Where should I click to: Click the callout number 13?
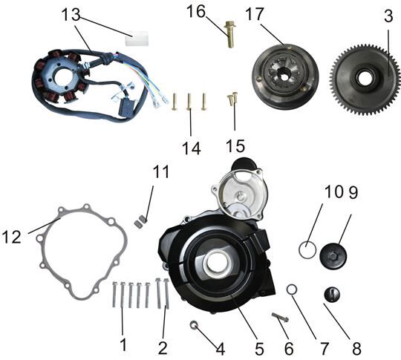71,14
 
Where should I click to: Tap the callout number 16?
196,12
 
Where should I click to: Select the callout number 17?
254,14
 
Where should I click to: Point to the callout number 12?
11,238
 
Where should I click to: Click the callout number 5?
259,349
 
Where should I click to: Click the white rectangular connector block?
137,39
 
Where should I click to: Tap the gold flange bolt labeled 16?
230,35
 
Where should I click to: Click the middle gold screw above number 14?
189,102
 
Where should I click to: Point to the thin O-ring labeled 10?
307,250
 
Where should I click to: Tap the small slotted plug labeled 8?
332,295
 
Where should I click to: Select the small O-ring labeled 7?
292,289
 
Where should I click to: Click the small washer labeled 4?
194,325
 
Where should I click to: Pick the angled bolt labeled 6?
280,317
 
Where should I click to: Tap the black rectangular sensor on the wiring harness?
126,108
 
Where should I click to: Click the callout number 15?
235,146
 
